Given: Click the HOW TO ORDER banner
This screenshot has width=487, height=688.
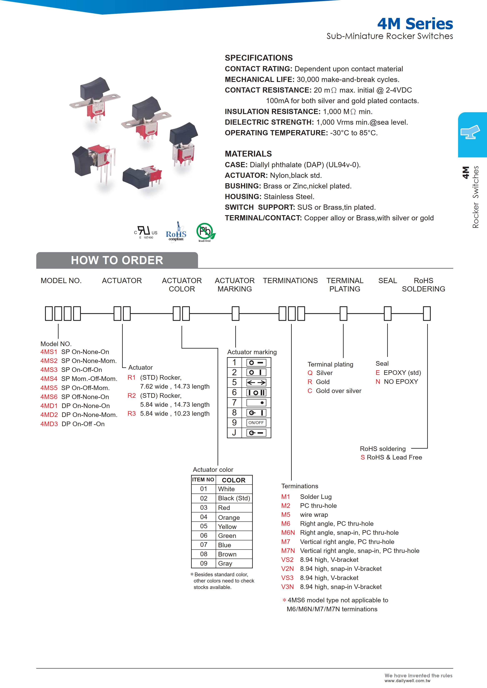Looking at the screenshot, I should [x=117, y=260].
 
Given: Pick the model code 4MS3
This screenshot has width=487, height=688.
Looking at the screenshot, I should [x=49, y=370].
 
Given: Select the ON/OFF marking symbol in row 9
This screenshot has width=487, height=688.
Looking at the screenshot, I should [x=256, y=422].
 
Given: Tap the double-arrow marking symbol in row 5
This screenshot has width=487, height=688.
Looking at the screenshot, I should [x=256, y=383].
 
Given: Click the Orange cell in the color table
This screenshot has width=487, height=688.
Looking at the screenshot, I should [x=229, y=517].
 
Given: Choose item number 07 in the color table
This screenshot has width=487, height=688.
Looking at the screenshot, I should [x=204, y=545].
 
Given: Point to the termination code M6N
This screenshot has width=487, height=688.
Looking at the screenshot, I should [x=288, y=533].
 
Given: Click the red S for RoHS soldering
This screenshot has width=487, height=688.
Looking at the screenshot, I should [x=363, y=457].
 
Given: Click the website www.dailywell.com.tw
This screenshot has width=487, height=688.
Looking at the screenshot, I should [x=407, y=680].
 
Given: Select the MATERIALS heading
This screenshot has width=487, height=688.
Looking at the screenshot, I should [x=248, y=154].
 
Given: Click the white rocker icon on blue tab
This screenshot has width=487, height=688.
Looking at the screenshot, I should [x=470, y=132].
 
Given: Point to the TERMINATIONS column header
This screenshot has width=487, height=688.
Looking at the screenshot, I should [x=290, y=281].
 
